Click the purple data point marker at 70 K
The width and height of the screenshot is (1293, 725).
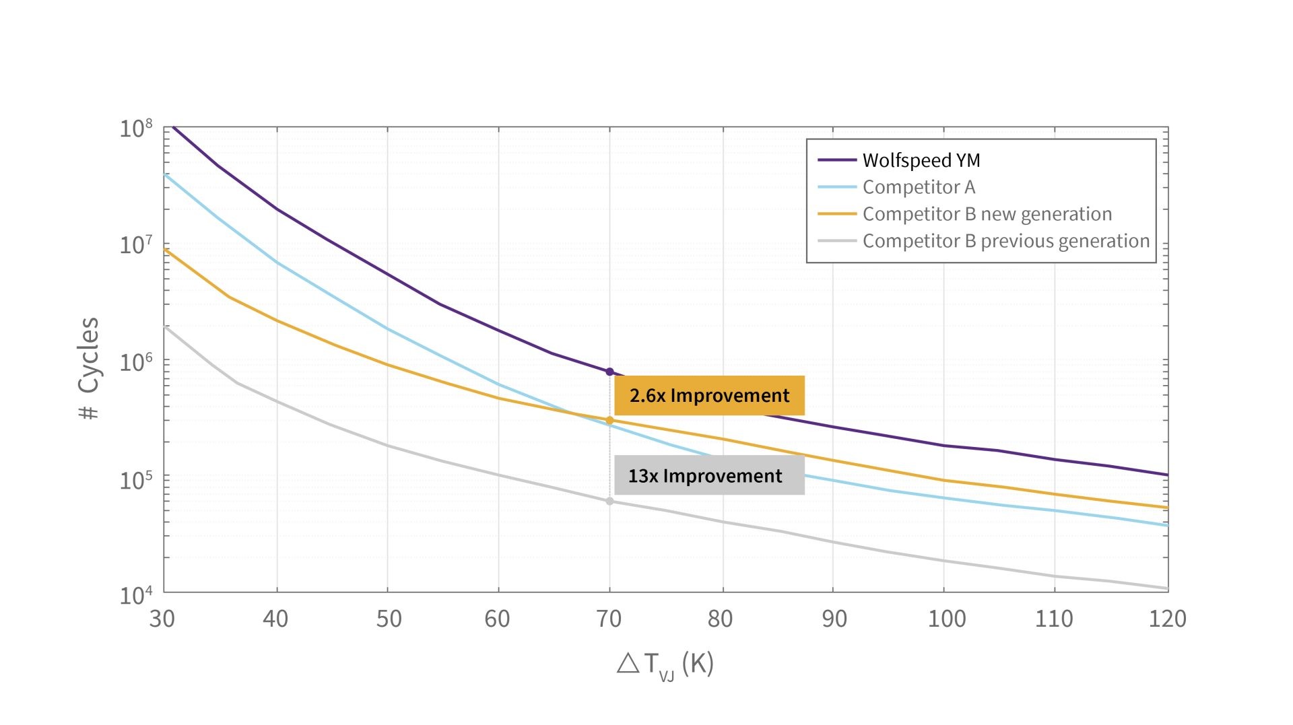pos(609,372)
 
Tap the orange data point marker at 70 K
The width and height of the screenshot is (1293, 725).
pos(609,420)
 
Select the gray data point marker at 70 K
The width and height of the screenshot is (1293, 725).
pos(609,501)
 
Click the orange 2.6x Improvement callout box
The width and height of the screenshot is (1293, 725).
pos(709,395)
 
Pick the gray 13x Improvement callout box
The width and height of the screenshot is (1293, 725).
pos(709,475)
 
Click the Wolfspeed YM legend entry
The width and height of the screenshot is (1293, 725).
pos(921,160)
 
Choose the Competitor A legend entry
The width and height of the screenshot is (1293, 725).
pos(919,187)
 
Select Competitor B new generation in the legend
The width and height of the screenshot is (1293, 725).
pos(987,214)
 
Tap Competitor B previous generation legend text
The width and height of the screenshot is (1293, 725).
pos(1005,241)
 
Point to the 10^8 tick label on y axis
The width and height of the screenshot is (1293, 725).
pos(136,128)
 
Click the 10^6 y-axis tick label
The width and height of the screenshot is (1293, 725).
pos(136,362)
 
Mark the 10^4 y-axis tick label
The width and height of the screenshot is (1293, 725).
pos(136,595)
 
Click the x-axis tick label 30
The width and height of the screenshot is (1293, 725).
pos(162,619)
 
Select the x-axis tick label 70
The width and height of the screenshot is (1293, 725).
pos(609,619)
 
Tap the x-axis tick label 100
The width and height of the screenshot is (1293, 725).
pos(946,619)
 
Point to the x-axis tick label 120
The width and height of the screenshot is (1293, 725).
pos(1167,619)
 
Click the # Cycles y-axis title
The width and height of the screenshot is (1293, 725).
pos(89,369)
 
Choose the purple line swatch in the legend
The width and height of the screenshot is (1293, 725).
pos(836,160)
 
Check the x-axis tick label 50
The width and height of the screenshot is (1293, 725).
pos(389,619)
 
